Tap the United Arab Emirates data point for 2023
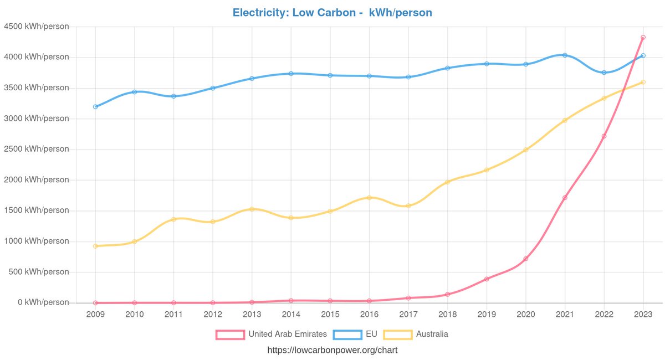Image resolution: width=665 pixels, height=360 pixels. (643, 37)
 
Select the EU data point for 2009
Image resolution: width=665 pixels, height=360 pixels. (95, 106)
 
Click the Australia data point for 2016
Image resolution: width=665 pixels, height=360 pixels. (369, 198)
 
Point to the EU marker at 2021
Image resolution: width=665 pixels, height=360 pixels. (565, 55)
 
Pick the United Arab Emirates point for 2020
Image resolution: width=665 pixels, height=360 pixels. (525, 259)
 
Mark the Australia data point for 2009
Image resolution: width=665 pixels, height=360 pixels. (95, 246)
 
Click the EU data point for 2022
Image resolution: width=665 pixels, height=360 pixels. (603, 73)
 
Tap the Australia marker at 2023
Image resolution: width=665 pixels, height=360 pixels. (643, 82)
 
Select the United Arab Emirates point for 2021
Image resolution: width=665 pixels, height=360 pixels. (565, 198)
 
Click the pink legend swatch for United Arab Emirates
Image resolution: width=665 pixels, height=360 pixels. (230, 335)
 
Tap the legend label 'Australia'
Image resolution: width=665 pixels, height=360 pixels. (432, 335)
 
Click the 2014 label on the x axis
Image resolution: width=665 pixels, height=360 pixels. (291, 314)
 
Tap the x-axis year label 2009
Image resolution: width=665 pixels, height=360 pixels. (95, 314)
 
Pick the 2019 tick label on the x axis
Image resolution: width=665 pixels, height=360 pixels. (487, 314)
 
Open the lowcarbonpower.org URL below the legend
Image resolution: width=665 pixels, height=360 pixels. (332, 350)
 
